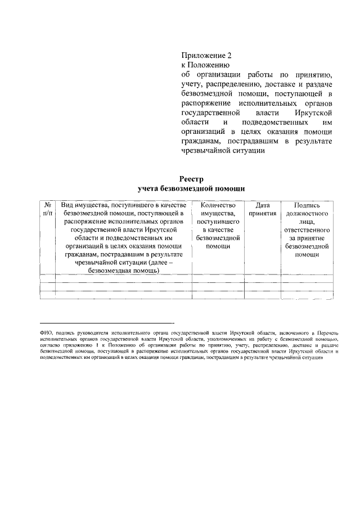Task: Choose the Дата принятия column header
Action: (x=262, y=210)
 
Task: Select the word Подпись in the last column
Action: (x=307, y=206)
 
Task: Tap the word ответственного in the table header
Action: (x=307, y=230)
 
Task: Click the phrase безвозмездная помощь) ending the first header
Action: (x=124, y=271)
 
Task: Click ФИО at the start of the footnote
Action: (x=47, y=333)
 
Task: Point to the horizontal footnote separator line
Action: (x=107, y=323)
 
